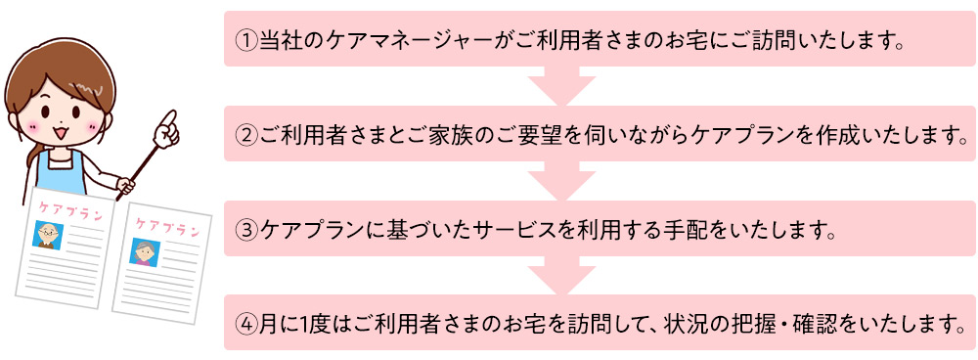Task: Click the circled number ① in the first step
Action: coord(245,40)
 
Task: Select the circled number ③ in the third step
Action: coord(245,230)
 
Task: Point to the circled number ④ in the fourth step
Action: coord(245,323)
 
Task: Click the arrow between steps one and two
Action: coord(561,86)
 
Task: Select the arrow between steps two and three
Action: coord(561,181)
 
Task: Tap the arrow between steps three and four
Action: coord(561,276)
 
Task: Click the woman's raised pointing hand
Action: coord(167,124)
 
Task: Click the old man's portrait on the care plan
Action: coord(48,234)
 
